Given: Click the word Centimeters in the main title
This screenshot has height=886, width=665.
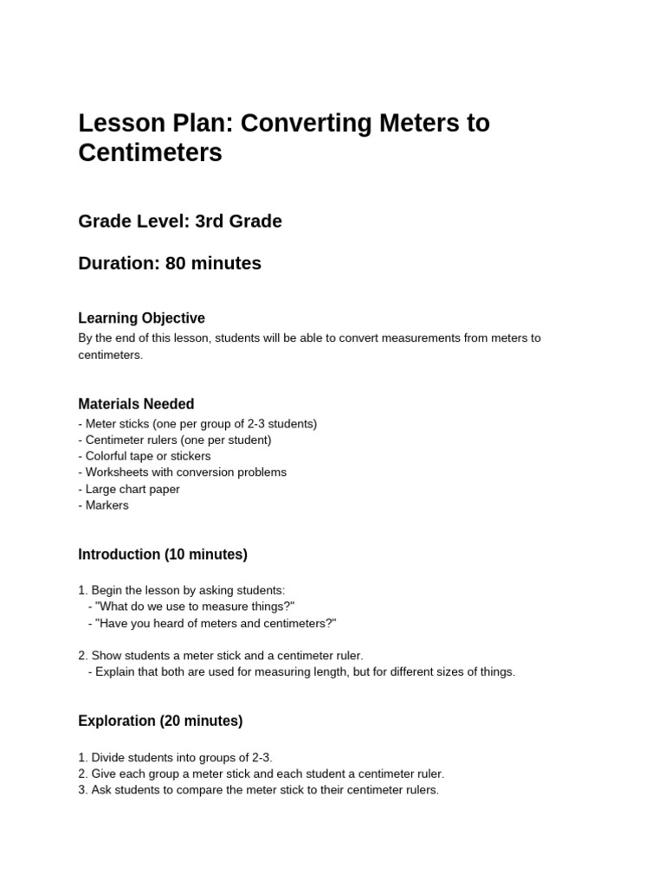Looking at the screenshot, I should coord(150,153).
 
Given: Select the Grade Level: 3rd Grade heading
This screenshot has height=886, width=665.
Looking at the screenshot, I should coord(180,221).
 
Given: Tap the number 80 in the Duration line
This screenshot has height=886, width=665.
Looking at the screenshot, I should coord(176,263).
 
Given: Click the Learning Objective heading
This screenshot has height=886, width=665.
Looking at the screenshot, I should coord(141,318).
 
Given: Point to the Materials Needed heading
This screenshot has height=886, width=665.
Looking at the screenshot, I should coord(136,404).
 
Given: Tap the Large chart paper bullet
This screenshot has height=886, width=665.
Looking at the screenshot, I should coord(129,489).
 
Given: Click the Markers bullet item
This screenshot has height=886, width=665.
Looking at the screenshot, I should coord(104,505).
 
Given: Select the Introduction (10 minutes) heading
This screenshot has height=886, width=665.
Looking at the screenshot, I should coord(163,555).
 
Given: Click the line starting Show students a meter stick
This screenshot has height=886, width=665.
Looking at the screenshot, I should coord(221,656).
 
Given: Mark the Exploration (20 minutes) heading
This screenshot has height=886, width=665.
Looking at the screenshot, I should coord(160,721).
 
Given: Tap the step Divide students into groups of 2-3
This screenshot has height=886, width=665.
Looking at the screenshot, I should coord(176,757).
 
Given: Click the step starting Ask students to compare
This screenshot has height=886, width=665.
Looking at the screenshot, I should coord(259,790).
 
